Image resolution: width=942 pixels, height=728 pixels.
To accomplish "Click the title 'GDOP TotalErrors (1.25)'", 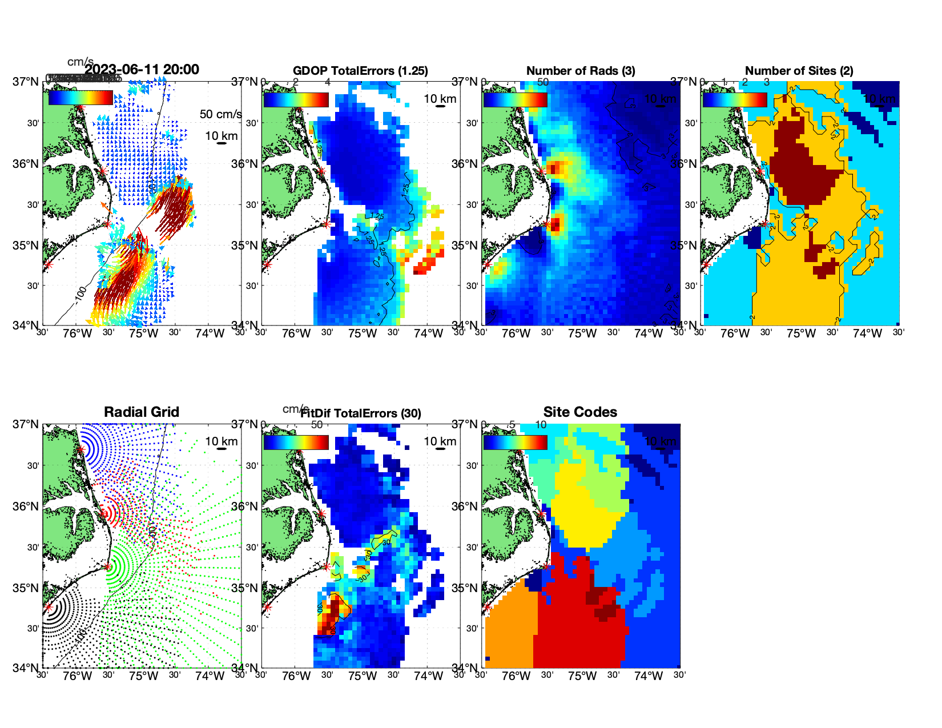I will click(x=360, y=71).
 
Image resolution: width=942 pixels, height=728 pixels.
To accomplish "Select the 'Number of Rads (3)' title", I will click(x=581, y=71).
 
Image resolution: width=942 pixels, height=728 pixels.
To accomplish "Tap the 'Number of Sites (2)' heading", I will click(x=799, y=71).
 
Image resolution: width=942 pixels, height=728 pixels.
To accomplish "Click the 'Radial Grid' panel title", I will click(x=142, y=412).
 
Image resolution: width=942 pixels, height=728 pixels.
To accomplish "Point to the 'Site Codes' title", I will click(x=580, y=412).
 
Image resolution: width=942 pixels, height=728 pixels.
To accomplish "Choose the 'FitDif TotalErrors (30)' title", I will click(x=361, y=413).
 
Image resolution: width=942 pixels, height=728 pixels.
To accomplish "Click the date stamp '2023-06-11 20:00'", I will click(x=142, y=70).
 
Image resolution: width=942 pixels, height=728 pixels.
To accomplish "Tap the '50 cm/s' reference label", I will click(x=220, y=114).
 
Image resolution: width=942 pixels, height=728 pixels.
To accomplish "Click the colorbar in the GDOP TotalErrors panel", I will click(x=296, y=100).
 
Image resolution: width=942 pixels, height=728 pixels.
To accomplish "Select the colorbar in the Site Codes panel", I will click(x=515, y=443).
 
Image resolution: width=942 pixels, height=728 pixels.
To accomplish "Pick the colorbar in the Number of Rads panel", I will click(x=515, y=100).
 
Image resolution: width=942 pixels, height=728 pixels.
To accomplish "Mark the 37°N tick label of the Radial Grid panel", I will click(x=26, y=424).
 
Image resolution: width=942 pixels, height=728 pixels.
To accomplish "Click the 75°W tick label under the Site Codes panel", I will click(x=582, y=677).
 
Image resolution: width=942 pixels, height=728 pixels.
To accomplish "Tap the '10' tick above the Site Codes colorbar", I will click(x=541, y=425).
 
